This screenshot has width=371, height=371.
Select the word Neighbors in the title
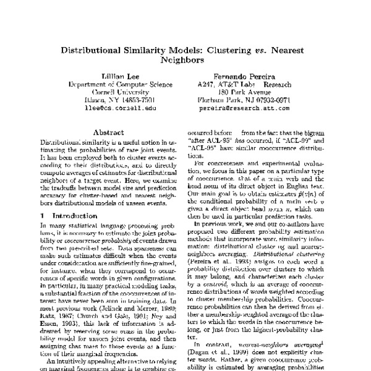coord(185,61)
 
